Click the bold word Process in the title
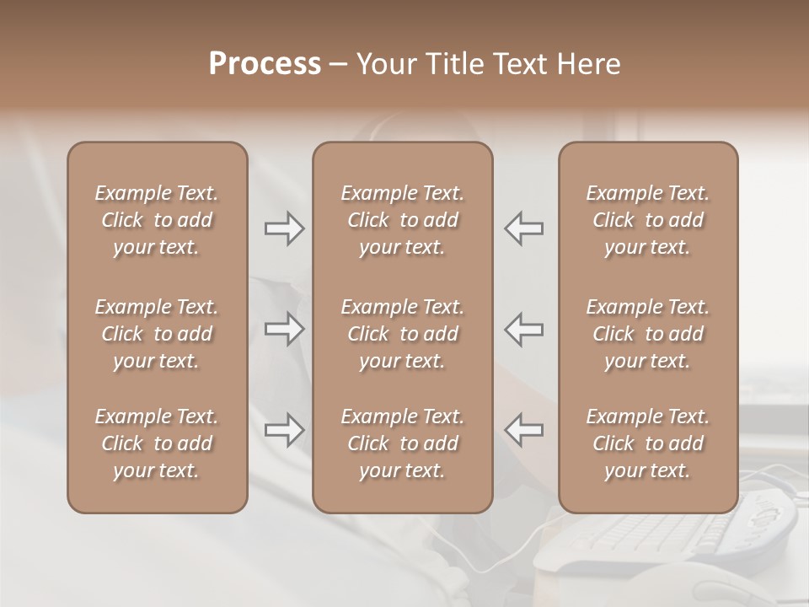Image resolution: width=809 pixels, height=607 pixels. click(x=265, y=64)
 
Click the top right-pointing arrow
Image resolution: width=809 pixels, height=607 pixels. click(x=284, y=228)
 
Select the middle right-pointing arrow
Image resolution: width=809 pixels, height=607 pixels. click(x=284, y=329)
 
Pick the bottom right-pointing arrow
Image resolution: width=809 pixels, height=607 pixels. click(x=284, y=430)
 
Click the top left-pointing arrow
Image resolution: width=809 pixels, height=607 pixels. click(x=523, y=228)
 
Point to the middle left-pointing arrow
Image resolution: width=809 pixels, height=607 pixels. click(x=523, y=329)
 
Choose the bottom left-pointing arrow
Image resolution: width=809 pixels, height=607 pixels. click(x=523, y=430)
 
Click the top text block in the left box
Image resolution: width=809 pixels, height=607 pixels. click(x=157, y=220)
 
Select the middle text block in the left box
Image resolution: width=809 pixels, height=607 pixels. click(x=157, y=334)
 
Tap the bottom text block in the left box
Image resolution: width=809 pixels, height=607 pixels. click(x=157, y=443)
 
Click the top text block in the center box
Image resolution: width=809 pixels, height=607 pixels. click(x=402, y=220)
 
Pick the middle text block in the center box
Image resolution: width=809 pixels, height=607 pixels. click(x=402, y=334)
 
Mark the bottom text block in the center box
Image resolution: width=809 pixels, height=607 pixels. click(x=402, y=443)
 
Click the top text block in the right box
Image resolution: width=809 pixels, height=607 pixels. click(x=647, y=220)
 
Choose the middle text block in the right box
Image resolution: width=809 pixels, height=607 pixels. click(x=647, y=334)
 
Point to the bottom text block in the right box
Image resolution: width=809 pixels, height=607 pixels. click(x=647, y=443)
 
